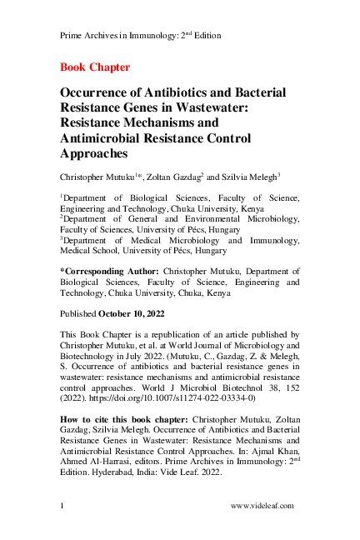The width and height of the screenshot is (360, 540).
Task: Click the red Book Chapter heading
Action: coord(95,67)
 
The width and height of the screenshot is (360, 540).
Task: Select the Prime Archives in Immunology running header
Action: coord(142,37)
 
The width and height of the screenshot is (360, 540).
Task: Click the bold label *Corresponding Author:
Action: coord(110,271)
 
